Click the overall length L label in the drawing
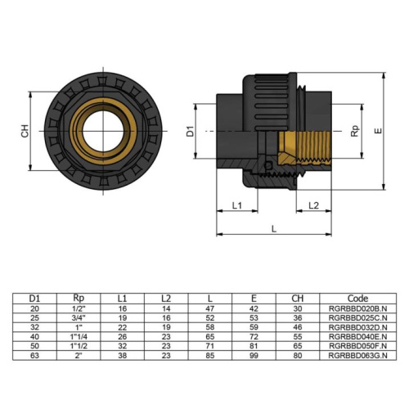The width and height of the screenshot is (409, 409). (x=274, y=230)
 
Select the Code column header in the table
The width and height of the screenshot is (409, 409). (x=346, y=298)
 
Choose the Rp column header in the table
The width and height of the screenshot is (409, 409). (x=79, y=298)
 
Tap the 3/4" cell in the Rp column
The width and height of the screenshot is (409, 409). (x=79, y=317)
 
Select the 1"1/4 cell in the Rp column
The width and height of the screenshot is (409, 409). (x=79, y=337)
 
